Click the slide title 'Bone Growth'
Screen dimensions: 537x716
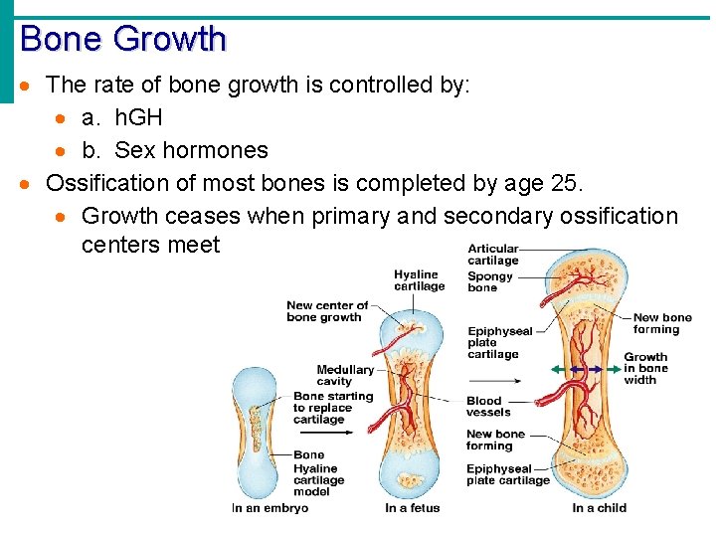click(x=123, y=39)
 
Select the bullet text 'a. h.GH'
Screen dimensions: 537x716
click(x=122, y=117)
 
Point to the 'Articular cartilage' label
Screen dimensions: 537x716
click(x=493, y=255)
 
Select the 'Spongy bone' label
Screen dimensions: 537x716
click(x=490, y=282)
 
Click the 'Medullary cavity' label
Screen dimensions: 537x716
click(x=345, y=375)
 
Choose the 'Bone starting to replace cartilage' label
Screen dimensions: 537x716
click(x=332, y=408)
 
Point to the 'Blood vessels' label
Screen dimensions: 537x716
click(x=488, y=407)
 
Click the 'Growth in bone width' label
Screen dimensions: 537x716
click(x=645, y=368)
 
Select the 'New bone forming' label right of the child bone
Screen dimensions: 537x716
click(x=661, y=323)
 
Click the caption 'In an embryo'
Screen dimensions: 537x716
click(x=269, y=508)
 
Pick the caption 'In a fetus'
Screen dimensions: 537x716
click(x=411, y=508)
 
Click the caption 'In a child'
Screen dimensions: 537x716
click(x=599, y=508)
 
